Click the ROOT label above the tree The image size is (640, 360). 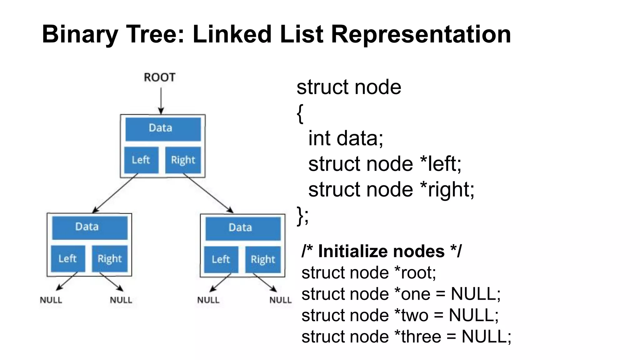click(159, 77)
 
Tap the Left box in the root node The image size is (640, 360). click(141, 160)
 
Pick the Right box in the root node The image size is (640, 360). click(183, 160)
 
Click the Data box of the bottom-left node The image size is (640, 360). click(90, 227)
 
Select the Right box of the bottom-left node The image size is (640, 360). click(110, 259)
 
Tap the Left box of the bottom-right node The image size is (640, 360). click(221, 259)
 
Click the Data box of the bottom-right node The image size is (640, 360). click(243, 228)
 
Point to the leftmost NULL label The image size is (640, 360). click(51, 300)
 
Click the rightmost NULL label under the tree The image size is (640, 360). click(280, 300)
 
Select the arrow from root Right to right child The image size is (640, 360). click(208, 193)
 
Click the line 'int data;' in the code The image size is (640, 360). click(345, 138)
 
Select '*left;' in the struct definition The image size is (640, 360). click(441, 164)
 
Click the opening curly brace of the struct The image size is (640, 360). click(300, 113)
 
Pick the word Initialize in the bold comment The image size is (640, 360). click(381, 251)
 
